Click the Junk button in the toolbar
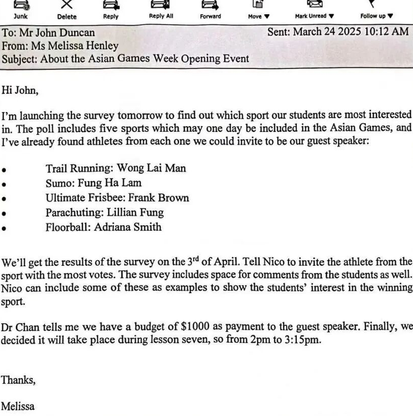click(x=21, y=10)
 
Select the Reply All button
click(x=161, y=10)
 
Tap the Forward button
click(x=210, y=10)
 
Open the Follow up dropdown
click(x=376, y=10)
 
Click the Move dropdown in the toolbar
click(x=259, y=10)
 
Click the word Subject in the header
click(x=19, y=59)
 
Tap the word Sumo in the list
click(x=57, y=183)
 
